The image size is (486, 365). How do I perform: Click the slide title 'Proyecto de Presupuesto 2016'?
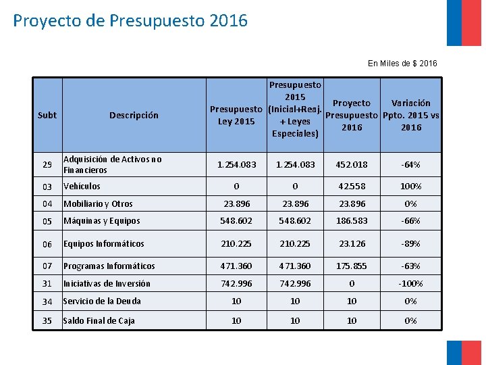(x=130, y=21)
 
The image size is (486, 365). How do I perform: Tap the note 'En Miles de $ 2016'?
(x=402, y=64)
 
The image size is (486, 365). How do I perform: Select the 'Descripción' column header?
(x=134, y=116)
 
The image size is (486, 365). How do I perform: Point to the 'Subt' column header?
(x=47, y=116)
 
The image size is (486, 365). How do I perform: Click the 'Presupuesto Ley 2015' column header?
(x=236, y=115)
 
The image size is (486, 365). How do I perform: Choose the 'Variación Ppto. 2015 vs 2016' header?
(x=410, y=115)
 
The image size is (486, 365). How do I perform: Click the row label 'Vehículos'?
(x=82, y=187)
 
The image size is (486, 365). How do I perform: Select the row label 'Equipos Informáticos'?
(x=103, y=244)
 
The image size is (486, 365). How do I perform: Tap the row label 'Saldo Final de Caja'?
(x=99, y=321)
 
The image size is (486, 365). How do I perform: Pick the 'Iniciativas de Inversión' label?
(x=107, y=284)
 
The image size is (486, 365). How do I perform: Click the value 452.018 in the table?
(x=352, y=164)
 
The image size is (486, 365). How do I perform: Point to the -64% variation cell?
(x=410, y=164)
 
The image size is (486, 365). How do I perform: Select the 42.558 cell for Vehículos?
(x=352, y=187)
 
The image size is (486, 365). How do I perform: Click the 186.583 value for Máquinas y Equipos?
(x=352, y=221)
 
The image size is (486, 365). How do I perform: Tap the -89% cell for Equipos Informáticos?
(x=410, y=244)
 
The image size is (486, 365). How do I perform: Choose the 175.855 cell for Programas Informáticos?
(x=352, y=266)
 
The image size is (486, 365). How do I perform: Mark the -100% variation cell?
(x=410, y=284)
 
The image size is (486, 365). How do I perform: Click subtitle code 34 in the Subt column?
(x=47, y=301)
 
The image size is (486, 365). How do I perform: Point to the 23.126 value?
(x=352, y=244)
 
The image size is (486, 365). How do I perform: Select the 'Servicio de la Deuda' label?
(x=102, y=301)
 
